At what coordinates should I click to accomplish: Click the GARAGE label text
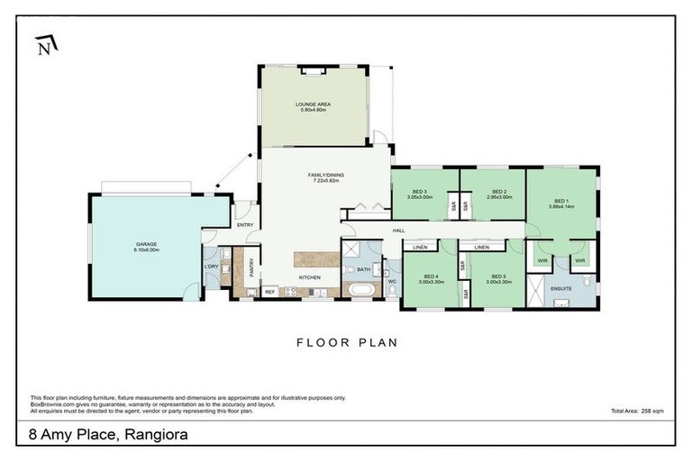[x=147, y=247]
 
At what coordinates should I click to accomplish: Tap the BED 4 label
[x=431, y=278]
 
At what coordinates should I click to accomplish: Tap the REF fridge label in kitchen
[x=269, y=292]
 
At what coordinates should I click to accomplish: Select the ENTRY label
[x=245, y=225]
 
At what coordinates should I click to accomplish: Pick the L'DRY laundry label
[x=213, y=267]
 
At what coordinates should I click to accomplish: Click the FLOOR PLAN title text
[x=347, y=342]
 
